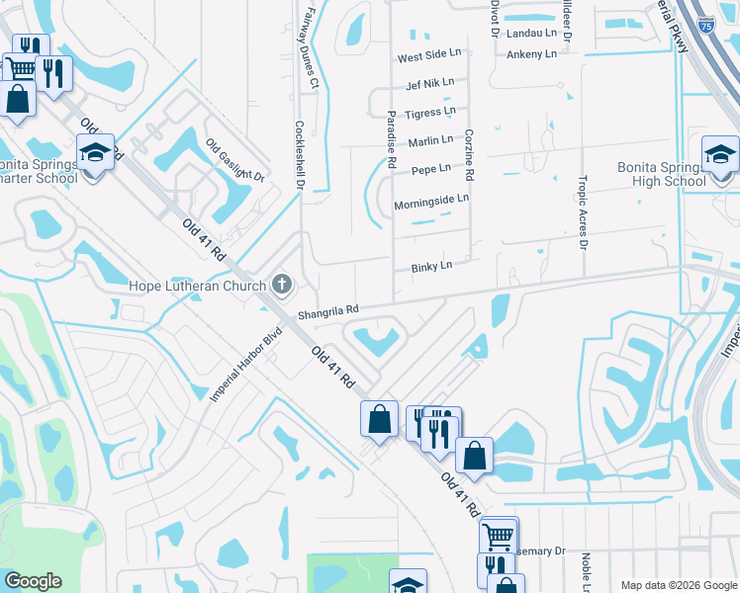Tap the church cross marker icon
pos(282,286)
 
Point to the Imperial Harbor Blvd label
pos(245,365)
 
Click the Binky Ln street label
pos(431,266)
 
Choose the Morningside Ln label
pos(430,199)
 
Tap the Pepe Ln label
pos(430,169)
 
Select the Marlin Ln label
pos(429,140)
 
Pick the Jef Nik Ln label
pos(429,82)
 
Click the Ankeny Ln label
pos(531,54)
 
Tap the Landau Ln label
pos(531,33)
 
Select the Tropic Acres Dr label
pos(583,212)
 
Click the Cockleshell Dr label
pos(300,154)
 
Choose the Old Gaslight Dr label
pos(235,160)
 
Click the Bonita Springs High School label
pos(661,174)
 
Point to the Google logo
pos(34,581)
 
